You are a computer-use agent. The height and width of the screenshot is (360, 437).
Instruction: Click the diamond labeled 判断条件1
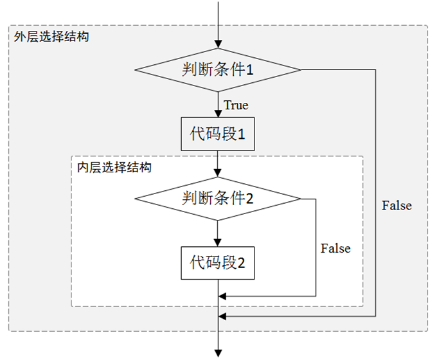click(x=218, y=69)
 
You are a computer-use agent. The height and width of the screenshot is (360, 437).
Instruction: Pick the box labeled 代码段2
click(x=218, y=262)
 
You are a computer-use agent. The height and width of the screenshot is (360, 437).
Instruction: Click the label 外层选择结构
click(x=51, y=36)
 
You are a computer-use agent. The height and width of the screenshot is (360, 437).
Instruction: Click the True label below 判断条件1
click(x=235, y=105)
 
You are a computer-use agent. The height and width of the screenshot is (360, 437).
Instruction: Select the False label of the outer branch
click(x=397, y=206)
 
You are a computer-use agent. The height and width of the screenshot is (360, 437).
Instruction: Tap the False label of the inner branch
click(x=335, y=248)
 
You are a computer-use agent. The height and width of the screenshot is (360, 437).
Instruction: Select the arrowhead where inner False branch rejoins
click(x=223, y=296)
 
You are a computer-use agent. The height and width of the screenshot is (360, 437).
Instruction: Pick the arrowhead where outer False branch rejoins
click(x=223, y=316)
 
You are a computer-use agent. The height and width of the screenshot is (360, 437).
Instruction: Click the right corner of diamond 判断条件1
click(x=300, y=69)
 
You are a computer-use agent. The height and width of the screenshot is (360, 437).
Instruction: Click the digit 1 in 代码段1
click(x=242, y=135)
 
